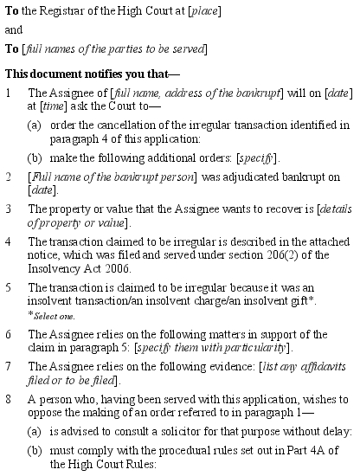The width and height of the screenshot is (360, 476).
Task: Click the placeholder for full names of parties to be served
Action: click(119, 48)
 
